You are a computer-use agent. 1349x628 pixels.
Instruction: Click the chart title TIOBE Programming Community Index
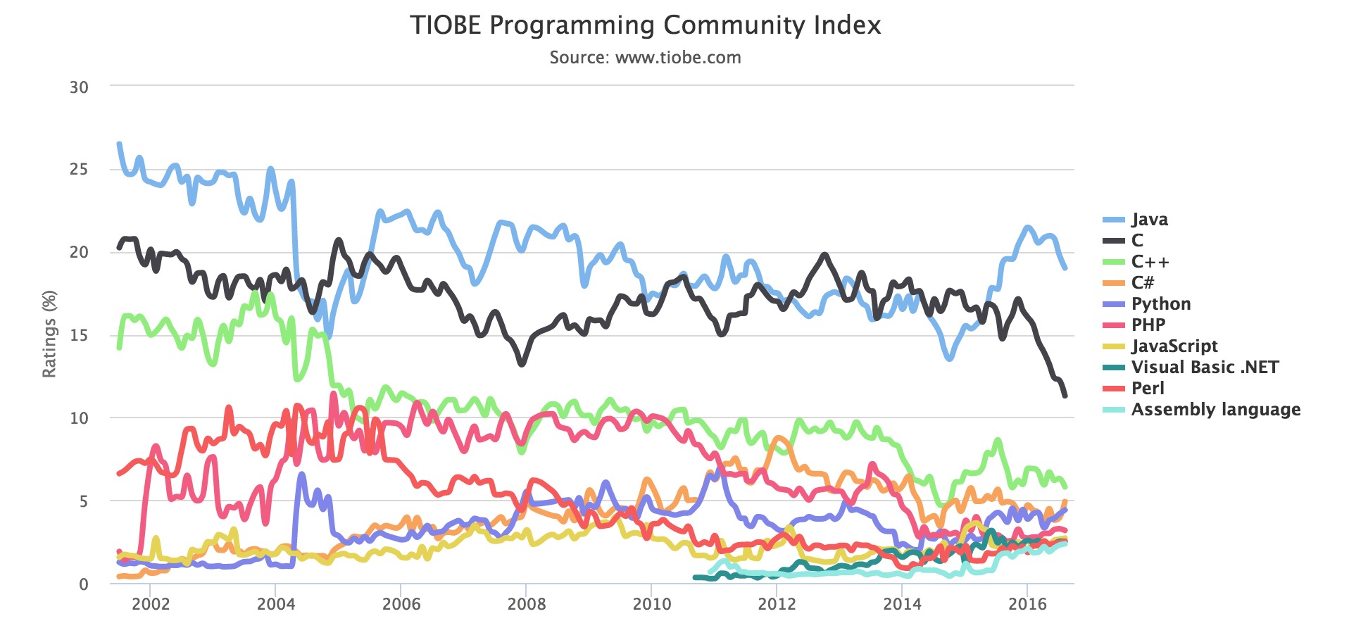click(645, 25)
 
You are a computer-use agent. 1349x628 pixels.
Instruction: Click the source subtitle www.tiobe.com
click(645, 58)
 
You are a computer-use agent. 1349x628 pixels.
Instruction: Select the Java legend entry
click(1149, 220)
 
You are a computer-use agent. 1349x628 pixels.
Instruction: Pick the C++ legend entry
click(1150, 262)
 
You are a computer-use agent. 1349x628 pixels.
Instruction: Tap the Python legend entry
click(1160, 304)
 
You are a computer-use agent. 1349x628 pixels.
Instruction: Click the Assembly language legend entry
click(1215, 410)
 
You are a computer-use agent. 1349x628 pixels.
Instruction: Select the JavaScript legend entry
click(1174, 346)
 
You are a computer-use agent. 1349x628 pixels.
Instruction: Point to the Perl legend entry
click(1147, 389)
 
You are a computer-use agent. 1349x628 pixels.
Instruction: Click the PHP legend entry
click(1148, 325)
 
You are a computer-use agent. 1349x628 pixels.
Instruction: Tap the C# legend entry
click(1142, 283)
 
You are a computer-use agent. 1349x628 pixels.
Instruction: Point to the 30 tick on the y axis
click(79, 87)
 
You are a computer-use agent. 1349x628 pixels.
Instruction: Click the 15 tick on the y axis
click(79, 335)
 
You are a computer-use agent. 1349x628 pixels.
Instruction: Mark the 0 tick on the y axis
click(84, 584)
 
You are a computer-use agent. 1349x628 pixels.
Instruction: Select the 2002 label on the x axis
click(151, 604)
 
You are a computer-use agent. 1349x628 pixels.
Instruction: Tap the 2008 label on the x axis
click(527, 604)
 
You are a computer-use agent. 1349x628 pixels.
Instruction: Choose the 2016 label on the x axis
click(1027, 604)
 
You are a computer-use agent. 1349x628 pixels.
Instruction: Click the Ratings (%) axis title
click(49, 334)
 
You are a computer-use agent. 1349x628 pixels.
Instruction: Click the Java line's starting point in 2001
click(119, 144)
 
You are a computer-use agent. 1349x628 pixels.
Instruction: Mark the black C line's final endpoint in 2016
click(1065, 396)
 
